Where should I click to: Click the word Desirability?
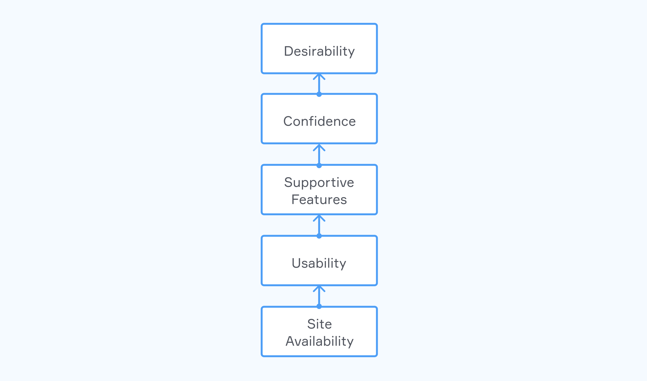point(319,51)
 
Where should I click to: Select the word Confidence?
point(319,121)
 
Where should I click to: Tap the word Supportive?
point(319,183)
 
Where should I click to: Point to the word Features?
point(319,200)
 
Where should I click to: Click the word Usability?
point(319,263)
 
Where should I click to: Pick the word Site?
point(319,324)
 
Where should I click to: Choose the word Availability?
point(319,341)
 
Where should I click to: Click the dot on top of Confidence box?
point(319,94)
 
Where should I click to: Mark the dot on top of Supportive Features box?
point(319,165)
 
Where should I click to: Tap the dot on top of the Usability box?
point(319,236)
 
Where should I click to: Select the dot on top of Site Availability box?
point(319,306)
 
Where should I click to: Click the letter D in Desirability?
point(289,51)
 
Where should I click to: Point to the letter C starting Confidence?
point(288,121)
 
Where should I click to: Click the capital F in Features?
point(295,200)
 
